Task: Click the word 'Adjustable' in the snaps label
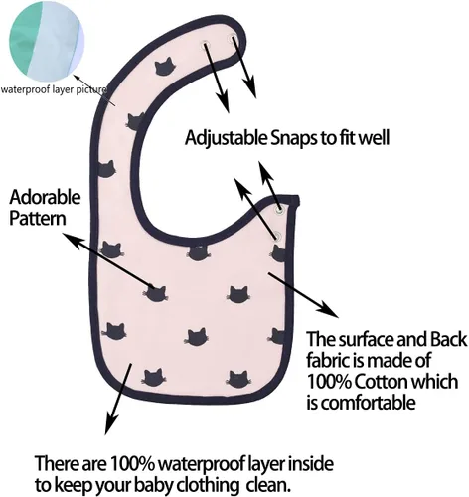[x=226, y=138]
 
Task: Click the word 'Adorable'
[x=45, y=197]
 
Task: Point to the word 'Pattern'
[x=38, y=219]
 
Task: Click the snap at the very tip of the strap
[x=233, y=38]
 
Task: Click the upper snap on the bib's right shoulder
[x=279, y=210]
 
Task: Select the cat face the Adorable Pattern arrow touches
[x=155, y=294]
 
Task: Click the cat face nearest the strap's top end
[x=164, y=67]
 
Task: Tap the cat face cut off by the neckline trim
[x=199, y=252]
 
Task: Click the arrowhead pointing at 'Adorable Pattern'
[x=73, y=241]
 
